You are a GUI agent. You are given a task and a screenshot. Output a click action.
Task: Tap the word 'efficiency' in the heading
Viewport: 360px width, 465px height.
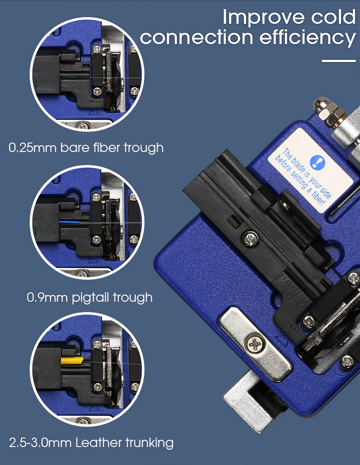click(x=308, y=37)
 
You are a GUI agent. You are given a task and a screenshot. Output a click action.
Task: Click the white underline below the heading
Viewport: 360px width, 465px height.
click(x=339, y=61)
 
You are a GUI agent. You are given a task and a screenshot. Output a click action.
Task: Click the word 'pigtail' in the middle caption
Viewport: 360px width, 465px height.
click(x=90, y=297)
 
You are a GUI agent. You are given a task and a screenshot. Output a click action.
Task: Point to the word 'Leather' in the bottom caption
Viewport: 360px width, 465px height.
click(x=99, y=443)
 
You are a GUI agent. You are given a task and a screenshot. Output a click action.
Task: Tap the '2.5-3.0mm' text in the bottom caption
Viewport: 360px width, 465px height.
click(x=40, y=443)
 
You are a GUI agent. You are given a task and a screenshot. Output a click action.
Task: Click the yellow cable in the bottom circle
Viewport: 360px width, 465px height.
click(x=72, y=360)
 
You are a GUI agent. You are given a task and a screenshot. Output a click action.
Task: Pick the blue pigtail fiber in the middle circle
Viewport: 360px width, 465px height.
click(x=69, y=222)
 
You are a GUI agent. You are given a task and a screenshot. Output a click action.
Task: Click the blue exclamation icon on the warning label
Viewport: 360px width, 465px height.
click(x=317, y=162)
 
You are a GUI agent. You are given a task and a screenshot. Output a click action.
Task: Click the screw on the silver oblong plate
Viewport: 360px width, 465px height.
click(x=255, y=344)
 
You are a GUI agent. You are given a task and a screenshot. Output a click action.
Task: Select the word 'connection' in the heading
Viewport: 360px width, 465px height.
click(x=197, y=38)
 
